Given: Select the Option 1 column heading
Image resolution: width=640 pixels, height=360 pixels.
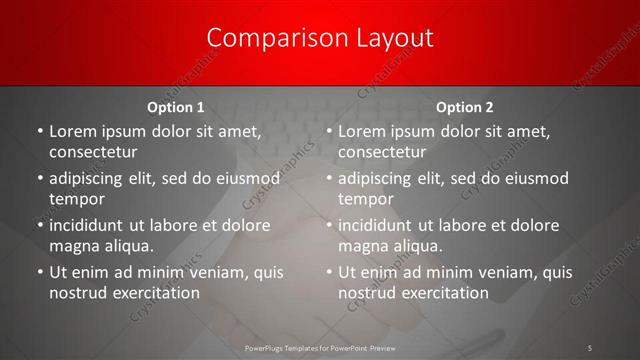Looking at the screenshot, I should [x=175, y=107].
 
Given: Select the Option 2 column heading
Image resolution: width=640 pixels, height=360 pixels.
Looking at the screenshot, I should [x=465, y=107].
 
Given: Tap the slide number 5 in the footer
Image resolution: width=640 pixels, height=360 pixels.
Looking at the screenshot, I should [x=590, y=347].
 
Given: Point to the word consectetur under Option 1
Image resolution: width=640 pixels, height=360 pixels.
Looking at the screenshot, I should [x=93, y=152].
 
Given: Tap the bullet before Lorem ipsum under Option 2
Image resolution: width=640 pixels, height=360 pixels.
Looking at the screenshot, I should [x=328, y=130].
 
